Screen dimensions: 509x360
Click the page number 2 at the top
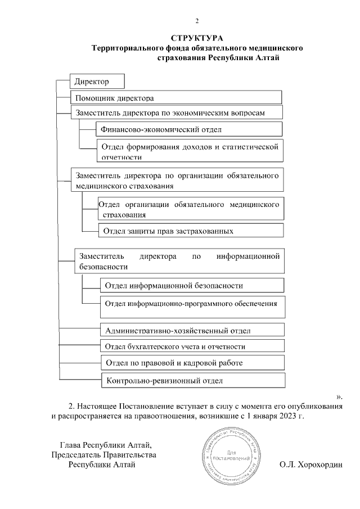(197, 21)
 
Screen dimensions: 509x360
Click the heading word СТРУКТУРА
(197, 38)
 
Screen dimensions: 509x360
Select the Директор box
(96, 82)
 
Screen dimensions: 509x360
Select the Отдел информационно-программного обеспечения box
(191, 304)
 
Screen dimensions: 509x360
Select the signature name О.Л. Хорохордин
(314, 465)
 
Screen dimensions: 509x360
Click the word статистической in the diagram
(251, 147)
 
